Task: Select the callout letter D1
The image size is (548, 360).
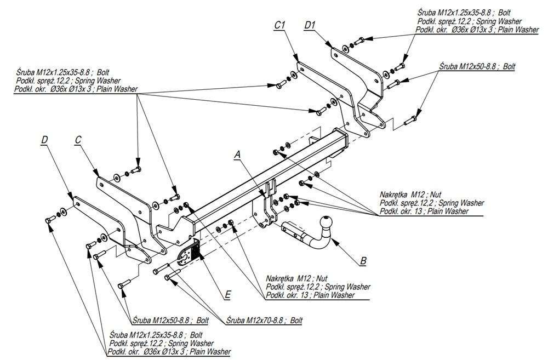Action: coord(311,25)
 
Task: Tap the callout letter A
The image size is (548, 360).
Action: coord(237,155)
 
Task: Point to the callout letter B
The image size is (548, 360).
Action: coord(363,261)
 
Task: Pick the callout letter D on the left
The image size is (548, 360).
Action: coord(44,140)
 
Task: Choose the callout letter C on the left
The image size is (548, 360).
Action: coord(78,140)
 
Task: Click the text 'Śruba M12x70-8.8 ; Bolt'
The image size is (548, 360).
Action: coord(265,320)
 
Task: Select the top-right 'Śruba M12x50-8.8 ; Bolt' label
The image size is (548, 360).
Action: coord(477,66)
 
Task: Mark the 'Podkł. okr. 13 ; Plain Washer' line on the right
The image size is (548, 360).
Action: coord(425,211)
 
